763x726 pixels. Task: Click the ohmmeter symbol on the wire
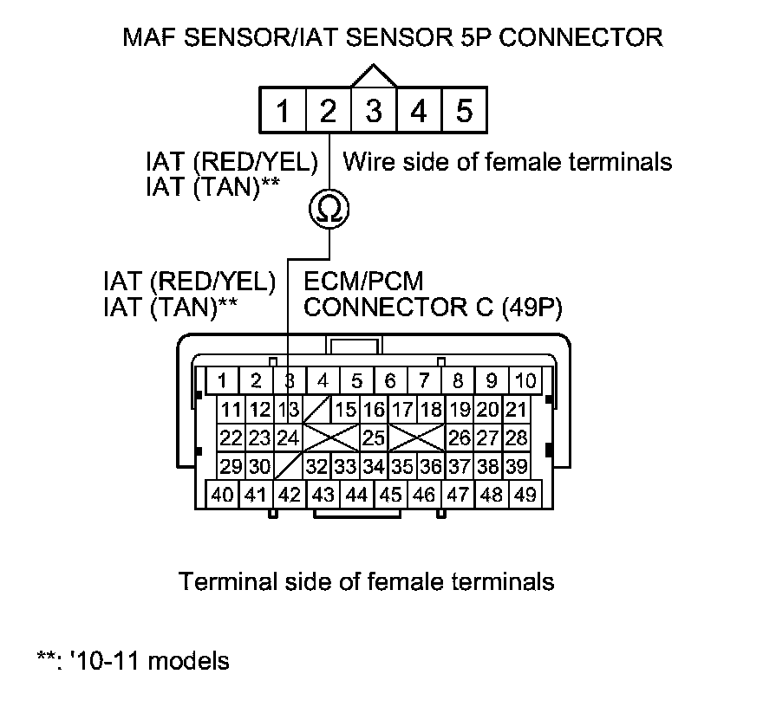pyautogui.click(x=329, y=209)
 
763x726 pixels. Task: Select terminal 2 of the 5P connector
pyautogui.click(x=328, y=111)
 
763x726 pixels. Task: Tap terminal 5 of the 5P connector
pyautogui.click(x=464, y=111)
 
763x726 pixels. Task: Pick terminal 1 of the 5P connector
pyautogui.click(x=283, y=111)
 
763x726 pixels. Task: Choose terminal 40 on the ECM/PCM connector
pyautogui.click(x=222, y=495)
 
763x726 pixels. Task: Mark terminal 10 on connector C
pyautogui.click(x=525, y=380)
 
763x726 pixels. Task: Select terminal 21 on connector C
pyautogui.click(x=516, y=409)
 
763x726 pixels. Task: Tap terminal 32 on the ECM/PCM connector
pyautogui.click(x=316, y=466)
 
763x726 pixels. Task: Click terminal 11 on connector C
pyautogui.click(x=230, y=409)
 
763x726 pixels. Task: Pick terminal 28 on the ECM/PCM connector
pyautogui.click(x=516, y=437)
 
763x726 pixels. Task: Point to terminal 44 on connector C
pyautogui.click(x=356, y=495)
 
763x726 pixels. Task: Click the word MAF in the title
pyautogui.click(x=149, y=37)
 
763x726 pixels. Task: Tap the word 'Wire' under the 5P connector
pyautogui.click(x=364, y=161)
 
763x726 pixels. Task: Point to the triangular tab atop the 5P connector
pyautogui.click(x=374, y=77)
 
